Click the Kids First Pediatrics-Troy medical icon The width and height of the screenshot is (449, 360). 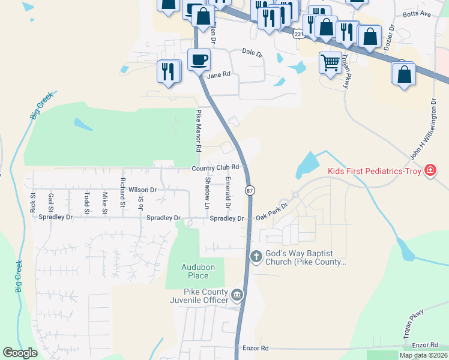[x=430, y=171]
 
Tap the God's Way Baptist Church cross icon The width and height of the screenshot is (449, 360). [x=256, y=257]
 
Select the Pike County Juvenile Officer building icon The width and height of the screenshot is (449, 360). [x=237, y=295]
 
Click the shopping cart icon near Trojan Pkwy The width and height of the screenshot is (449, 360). [x=330, y=62]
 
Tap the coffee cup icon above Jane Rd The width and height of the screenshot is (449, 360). [x=199, y=59]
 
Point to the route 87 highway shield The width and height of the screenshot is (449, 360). [x=250, y=190]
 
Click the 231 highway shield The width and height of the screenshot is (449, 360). [x=299, y=34]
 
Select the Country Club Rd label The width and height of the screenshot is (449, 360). [x=216, y=167]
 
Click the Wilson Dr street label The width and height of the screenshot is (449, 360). [x=142, y=190]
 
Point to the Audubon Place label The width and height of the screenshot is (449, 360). [x=195, y=271]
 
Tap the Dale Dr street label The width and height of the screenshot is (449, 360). [x=253, y=53]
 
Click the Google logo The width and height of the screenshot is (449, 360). [x=20, y=353]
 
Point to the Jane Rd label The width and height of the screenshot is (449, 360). [x=218, y=76]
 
